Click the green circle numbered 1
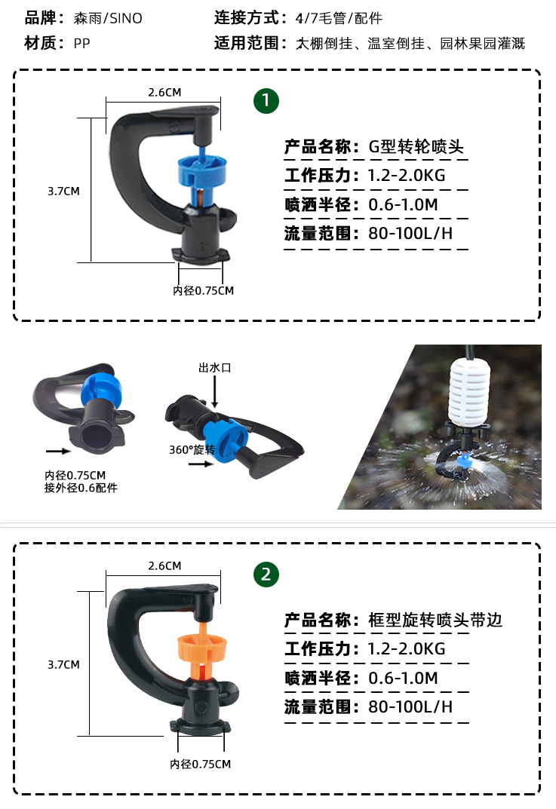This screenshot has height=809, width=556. coord(266,100)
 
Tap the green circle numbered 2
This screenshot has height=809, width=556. coord(266,575)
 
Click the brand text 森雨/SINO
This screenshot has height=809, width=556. coord(108,18)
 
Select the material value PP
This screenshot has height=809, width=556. coord(81,44)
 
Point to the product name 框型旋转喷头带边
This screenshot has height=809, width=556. coord(435,620)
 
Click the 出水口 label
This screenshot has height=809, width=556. coord(214,368)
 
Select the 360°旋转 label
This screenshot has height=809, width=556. coord(192,450)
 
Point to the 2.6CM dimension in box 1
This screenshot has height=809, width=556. coord(164,92)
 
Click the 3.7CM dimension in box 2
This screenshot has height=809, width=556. coord(63,664)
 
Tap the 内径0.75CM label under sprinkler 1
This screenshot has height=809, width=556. coord(203,290)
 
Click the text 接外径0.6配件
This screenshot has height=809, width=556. coord(81,488)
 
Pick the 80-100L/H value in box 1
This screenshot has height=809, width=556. coord(410,233)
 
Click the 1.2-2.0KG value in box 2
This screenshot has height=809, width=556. coord(407,648)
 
